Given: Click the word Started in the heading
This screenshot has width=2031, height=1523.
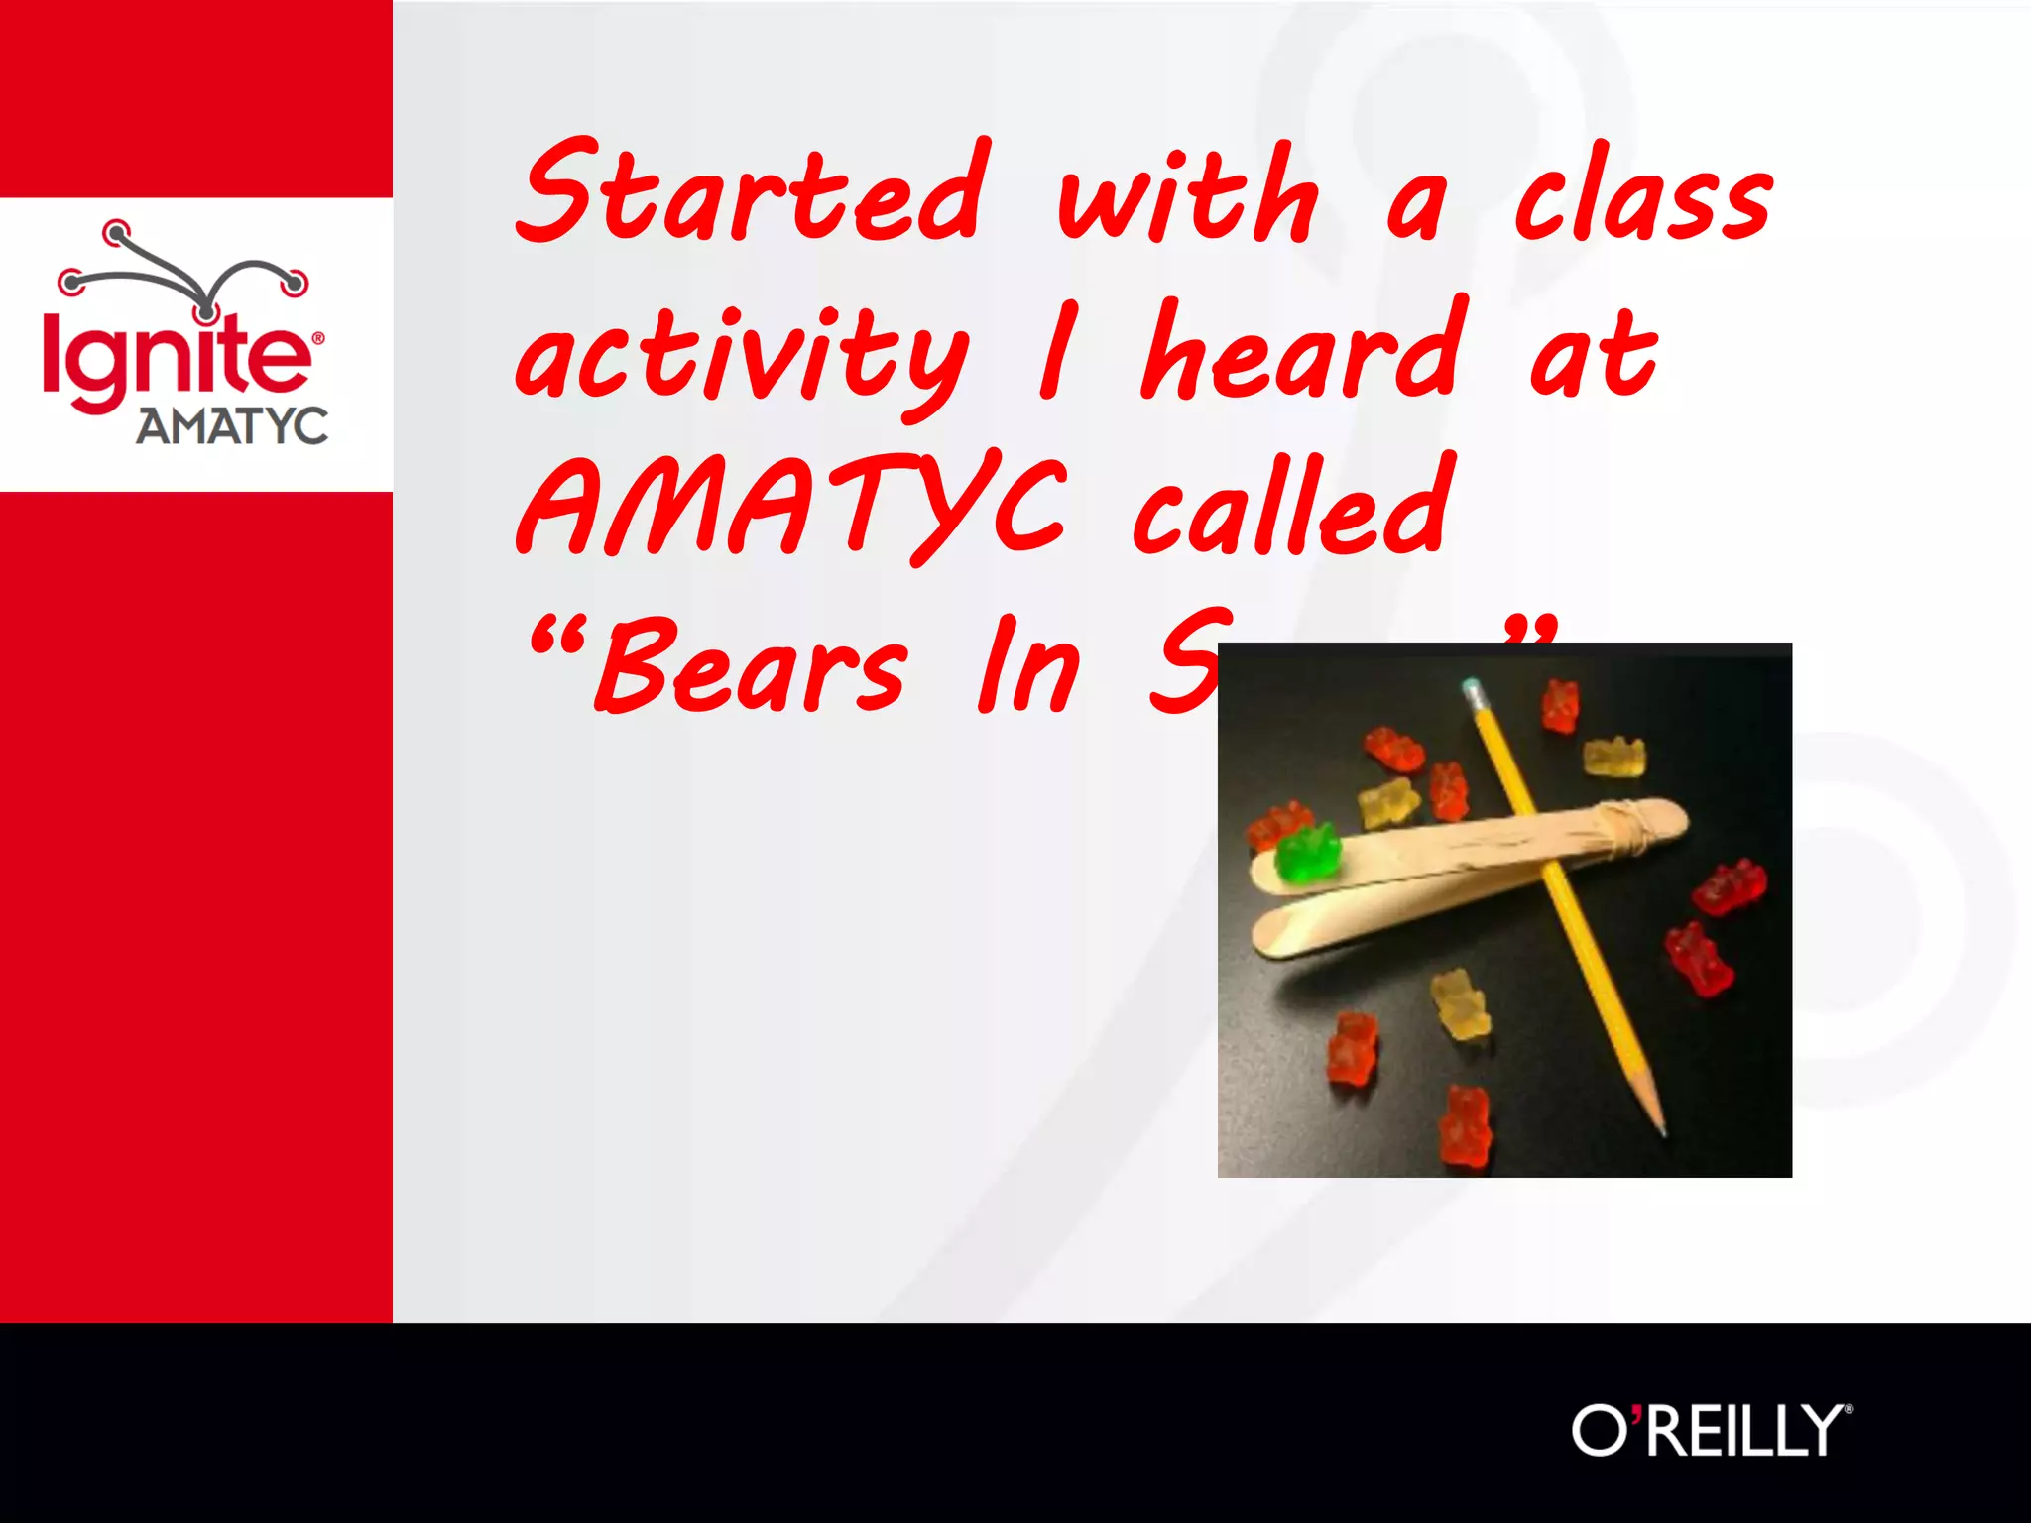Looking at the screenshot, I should (752, 193).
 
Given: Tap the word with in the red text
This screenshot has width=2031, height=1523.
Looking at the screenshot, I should (1188, 195).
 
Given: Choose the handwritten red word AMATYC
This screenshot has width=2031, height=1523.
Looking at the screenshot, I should (791, 508).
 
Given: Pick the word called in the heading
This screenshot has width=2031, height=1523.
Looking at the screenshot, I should (1294, 506).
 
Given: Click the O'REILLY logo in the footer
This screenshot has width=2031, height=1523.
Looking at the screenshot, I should (1711, 1430).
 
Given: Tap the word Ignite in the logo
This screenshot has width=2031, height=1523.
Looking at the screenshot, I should (177, 357).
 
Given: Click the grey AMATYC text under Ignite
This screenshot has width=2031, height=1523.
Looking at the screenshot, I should (232, 426).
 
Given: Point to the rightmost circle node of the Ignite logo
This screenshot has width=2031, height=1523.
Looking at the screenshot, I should (294, 283).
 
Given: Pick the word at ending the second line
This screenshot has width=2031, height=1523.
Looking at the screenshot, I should (1594, 354).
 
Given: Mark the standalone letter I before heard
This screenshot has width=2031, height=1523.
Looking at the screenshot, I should (1057, 352).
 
